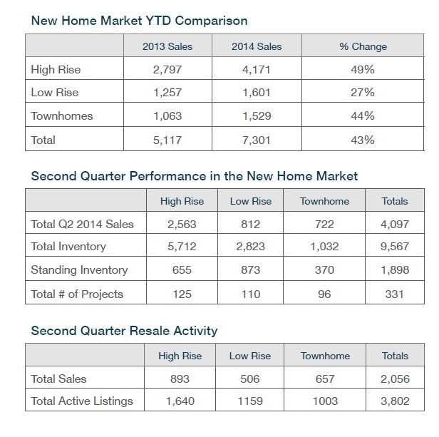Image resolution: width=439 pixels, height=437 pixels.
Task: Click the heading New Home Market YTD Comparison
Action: (139, 21)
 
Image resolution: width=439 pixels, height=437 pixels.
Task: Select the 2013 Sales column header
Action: (167, 46)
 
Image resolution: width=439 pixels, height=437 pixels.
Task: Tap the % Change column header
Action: (363, 46)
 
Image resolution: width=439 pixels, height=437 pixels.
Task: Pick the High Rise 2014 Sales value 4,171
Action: (257, 69)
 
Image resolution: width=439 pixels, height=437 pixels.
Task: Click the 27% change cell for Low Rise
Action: (363, 93)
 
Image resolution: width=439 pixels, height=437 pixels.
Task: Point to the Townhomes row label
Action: (62, 116)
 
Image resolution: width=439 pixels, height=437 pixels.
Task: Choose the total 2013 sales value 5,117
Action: (167, 140)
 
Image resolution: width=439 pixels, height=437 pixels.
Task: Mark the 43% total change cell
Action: (363, 140)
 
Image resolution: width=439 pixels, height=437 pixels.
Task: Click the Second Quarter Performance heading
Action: (195, 176)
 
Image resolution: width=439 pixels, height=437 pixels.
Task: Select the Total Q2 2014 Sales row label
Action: (83, 224)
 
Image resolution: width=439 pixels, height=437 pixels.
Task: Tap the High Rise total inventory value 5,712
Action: (182, 247)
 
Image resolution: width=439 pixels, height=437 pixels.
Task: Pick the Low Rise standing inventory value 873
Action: (251, 270)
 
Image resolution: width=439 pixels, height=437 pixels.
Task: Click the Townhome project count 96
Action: (324, 294)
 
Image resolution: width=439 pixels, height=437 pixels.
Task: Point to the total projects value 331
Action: (395, 294)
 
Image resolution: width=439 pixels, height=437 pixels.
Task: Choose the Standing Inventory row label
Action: (79, 270)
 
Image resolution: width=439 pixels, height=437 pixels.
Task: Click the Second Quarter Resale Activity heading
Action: (124, 331)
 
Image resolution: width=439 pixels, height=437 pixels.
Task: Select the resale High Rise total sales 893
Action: (180, 379)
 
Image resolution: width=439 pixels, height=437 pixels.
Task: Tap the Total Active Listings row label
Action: (82, 401)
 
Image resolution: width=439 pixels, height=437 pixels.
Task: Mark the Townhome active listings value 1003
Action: (325, 401)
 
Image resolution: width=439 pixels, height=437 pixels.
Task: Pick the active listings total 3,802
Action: (395, 401)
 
